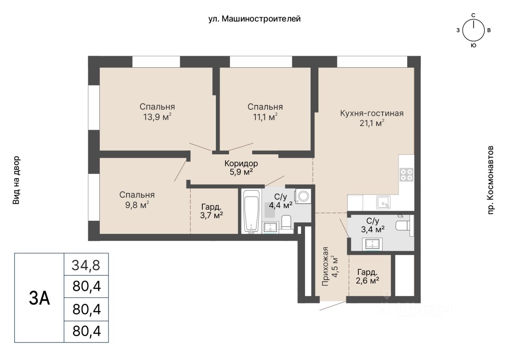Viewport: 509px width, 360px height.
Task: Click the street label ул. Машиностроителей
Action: click(254, 19)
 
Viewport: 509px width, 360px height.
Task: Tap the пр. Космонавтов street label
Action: click(490, 180)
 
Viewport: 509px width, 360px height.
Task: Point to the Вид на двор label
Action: click(16, 180)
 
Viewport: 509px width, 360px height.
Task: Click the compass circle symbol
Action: click(474, 30)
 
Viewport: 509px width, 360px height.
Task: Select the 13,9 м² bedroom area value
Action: click(157, 117)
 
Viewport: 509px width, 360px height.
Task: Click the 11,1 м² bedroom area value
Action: click(265, 117)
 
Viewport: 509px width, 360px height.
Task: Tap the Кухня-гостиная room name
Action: click(372, 113)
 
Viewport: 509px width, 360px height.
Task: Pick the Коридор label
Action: click(241, 163)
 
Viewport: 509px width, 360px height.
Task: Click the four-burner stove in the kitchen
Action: click(406, 175)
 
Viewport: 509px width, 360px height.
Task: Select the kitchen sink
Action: click(383, 202)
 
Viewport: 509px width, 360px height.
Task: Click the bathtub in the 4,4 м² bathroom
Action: click(251, 212)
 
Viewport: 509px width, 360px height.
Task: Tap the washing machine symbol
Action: click(303, 196)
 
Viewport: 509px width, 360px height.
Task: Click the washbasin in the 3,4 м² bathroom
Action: click(372, 244)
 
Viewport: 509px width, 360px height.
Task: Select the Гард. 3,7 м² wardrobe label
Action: click(211, 211)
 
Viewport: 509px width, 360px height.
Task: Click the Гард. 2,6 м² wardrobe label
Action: click(367, 276)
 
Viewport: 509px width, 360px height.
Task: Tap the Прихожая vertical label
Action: click(325, 266)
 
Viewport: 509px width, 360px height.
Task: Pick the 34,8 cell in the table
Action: click(86, 265)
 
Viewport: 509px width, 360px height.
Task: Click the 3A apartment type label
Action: click(39, 299)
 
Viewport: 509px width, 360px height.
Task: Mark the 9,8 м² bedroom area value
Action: click(137, 205)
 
